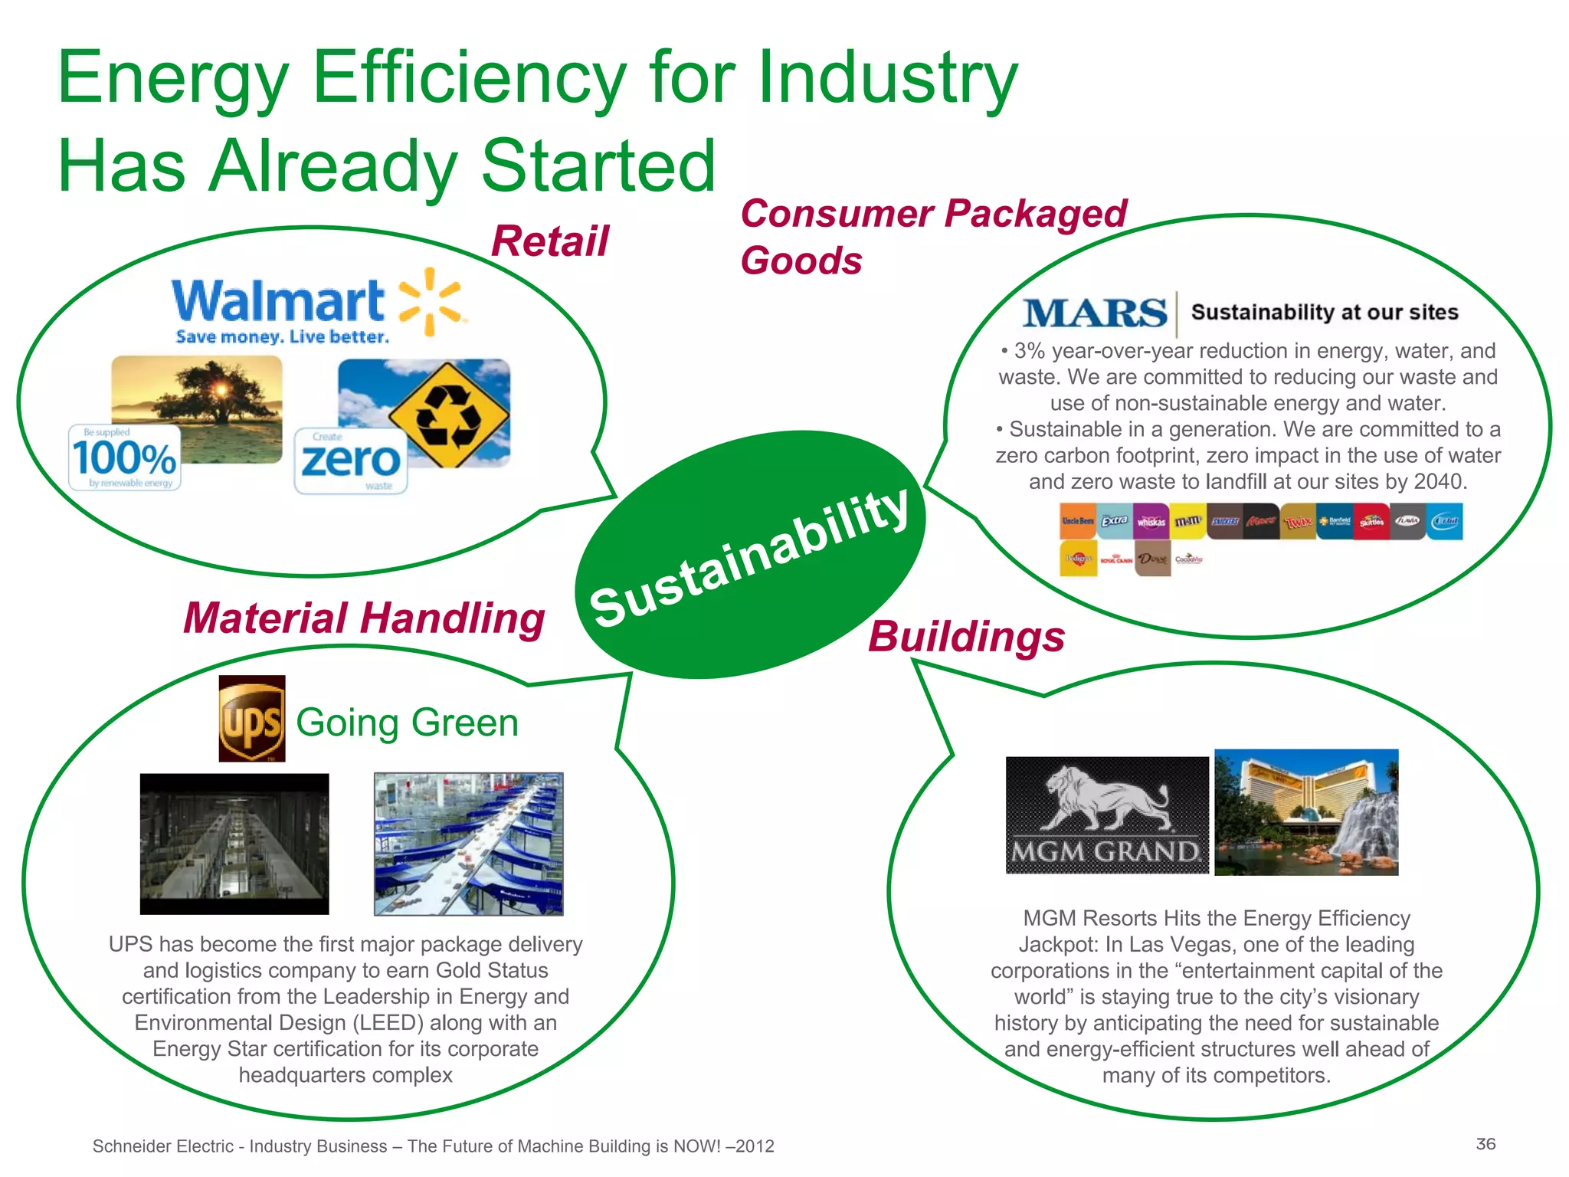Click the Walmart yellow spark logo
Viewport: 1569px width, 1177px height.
431,303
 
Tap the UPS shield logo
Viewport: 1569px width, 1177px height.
252,719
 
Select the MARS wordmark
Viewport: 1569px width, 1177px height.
1095,313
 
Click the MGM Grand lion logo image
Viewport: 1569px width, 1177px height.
1107,815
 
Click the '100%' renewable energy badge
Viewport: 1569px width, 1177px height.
125,458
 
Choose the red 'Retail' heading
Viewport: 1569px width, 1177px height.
549,241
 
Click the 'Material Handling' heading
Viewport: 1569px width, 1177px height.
364,618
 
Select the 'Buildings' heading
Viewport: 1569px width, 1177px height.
966,636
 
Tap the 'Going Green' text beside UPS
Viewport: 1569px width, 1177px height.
407,723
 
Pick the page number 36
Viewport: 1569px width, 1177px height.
1485,1144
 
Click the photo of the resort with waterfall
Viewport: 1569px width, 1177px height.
1306,812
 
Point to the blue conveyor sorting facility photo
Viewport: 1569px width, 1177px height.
469,844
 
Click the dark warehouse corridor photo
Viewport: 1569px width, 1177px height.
234,844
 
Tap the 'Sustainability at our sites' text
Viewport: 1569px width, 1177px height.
1324,313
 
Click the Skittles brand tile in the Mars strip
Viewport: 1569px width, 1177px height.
1371,522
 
